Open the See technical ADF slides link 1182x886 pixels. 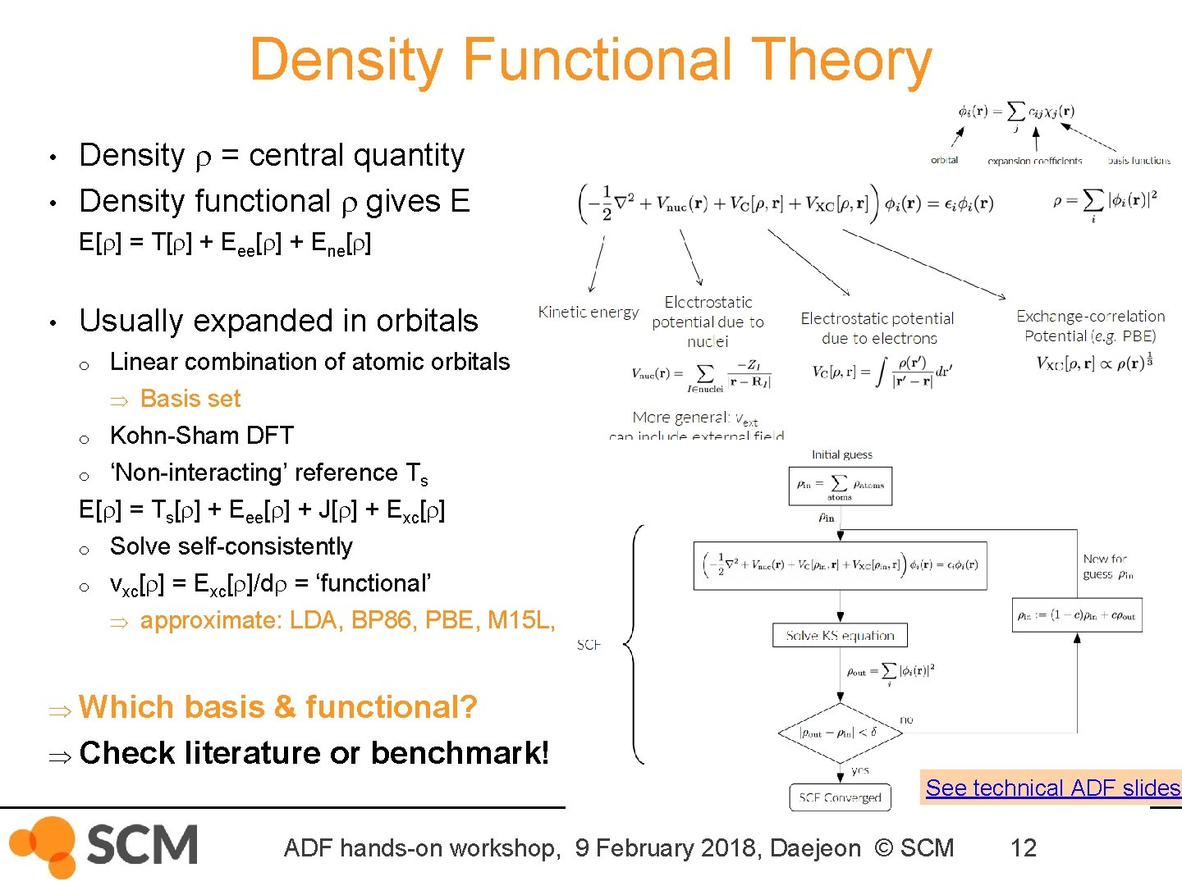[1052, 788]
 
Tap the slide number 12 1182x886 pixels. [1023, 847]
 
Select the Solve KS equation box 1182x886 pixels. [840, 635]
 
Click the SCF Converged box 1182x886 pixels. [840, 797]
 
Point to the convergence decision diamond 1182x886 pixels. [840, 733]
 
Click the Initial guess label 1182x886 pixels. [841, 454]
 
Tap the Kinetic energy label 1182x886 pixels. [588, 312]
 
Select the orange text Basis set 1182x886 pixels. [190, 399]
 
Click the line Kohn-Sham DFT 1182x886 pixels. [201, 436]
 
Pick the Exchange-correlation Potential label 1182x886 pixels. [1090, 326]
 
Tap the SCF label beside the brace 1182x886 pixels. [589, 645]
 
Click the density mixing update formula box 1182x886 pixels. [1076, 615]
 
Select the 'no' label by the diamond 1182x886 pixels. [906, 719]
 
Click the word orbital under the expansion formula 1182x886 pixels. [944, 160]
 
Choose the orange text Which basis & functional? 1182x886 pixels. [277, 707]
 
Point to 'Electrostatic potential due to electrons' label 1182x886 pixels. [877, 328]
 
